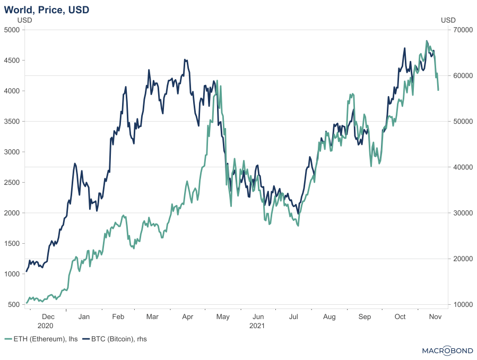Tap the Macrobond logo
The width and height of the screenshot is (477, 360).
click(447, 350)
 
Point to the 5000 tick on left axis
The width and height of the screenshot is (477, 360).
click(12, 30)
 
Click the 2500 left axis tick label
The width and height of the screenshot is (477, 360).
click(12, 183)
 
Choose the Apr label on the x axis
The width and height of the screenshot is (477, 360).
click(187, 317)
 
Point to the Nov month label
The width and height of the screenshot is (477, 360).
click(436, 317)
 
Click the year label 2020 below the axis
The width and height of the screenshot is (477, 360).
click(46, 325)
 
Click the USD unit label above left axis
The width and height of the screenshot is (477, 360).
click(25, 20)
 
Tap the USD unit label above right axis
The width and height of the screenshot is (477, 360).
click(448, 20)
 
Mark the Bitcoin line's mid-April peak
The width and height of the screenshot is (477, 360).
click(185, 59)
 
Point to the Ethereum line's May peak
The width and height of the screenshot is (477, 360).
click(218, 81)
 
